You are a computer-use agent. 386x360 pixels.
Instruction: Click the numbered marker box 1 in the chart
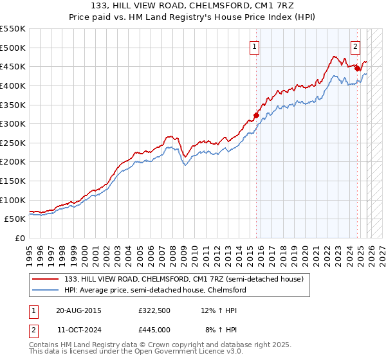point(255,46)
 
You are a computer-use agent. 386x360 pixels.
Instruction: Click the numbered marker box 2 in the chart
point(355,46)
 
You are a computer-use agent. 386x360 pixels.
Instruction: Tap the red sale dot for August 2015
point(256,115)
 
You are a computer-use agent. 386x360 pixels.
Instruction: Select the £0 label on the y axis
point(21,238)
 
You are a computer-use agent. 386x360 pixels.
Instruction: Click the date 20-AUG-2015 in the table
point(78,310)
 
